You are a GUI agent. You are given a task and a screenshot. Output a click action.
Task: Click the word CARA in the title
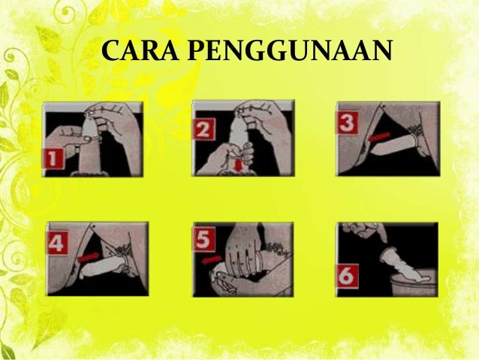140,50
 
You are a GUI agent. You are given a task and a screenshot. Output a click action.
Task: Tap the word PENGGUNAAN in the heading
290,50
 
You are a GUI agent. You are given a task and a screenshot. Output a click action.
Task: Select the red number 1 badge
53,159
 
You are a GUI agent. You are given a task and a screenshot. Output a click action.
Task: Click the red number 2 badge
204,129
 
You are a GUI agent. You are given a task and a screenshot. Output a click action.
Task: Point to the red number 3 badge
348,123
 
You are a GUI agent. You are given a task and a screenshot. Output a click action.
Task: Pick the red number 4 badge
58,244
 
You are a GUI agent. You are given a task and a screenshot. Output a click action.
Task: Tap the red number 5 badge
204,241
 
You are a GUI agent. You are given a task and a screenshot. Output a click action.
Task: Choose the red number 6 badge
348,276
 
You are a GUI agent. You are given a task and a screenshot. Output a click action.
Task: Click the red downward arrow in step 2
239,165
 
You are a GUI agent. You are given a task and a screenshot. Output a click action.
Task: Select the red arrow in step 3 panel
379,137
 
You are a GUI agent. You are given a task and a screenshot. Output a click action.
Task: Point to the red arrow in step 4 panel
89,256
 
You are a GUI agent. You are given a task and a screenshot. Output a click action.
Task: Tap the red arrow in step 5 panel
212,260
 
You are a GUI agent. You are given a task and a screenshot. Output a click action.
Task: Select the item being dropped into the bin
404,267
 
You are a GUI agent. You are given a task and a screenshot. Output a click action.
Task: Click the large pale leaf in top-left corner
48,39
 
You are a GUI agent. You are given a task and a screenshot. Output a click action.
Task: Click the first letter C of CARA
110,50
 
